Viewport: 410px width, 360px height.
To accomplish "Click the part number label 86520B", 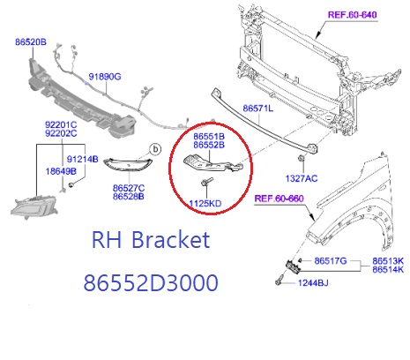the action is tap(31, 42).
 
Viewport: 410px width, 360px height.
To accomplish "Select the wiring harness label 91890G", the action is tap(105, 77).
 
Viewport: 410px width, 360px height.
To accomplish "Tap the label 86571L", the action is tap(258, 109).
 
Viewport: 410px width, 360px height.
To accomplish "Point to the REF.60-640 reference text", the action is tap(352, 15).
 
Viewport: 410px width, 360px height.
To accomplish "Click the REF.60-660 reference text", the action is tap(279, 199).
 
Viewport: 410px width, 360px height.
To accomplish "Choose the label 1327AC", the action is tap(302, 178).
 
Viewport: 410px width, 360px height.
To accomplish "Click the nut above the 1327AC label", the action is tap(301, 158).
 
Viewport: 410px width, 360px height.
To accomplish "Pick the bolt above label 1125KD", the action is tap(206, 182).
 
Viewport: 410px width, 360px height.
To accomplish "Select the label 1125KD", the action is tap(205, 203).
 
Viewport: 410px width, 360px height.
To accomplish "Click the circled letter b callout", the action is tap(155, 149).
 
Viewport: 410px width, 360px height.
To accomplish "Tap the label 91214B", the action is tap(83, 159).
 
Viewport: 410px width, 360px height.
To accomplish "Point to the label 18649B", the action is tap(61, 171).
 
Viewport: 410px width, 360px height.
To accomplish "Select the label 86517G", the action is tap(331, 261).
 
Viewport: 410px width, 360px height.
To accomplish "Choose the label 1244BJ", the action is tap(313, 283).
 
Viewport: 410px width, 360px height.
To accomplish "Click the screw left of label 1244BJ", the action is tap(280, 280).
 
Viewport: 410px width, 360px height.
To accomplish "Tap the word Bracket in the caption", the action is tap(171, 239).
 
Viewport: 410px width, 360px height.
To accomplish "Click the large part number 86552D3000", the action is tap(151, 283).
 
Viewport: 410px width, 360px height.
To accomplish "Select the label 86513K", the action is tap(388, 261).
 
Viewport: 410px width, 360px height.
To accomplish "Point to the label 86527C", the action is tap(129, 188).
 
